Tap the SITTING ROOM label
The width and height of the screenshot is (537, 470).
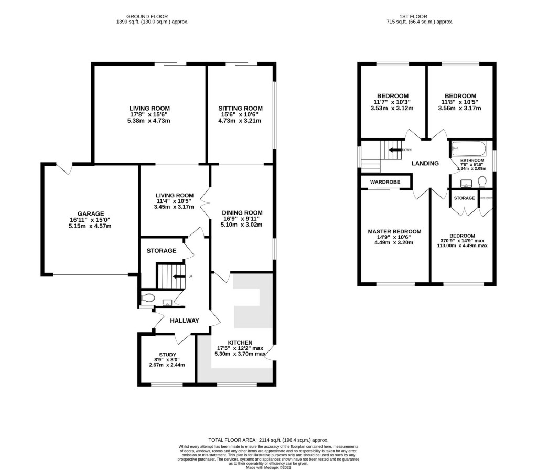240,109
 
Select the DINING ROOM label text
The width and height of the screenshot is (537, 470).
241,212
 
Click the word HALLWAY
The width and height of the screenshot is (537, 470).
184,321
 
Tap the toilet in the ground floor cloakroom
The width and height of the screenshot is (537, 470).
148,298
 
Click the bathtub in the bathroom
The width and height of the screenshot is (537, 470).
469,148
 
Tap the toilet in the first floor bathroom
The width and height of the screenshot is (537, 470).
482,181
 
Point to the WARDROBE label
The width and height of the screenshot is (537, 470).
385,182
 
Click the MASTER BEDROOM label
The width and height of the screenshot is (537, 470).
394,231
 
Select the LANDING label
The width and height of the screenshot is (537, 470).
425,164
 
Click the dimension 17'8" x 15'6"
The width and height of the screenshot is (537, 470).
149,115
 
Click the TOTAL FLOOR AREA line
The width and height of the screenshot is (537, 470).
268,440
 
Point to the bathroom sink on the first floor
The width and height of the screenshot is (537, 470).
465,183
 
